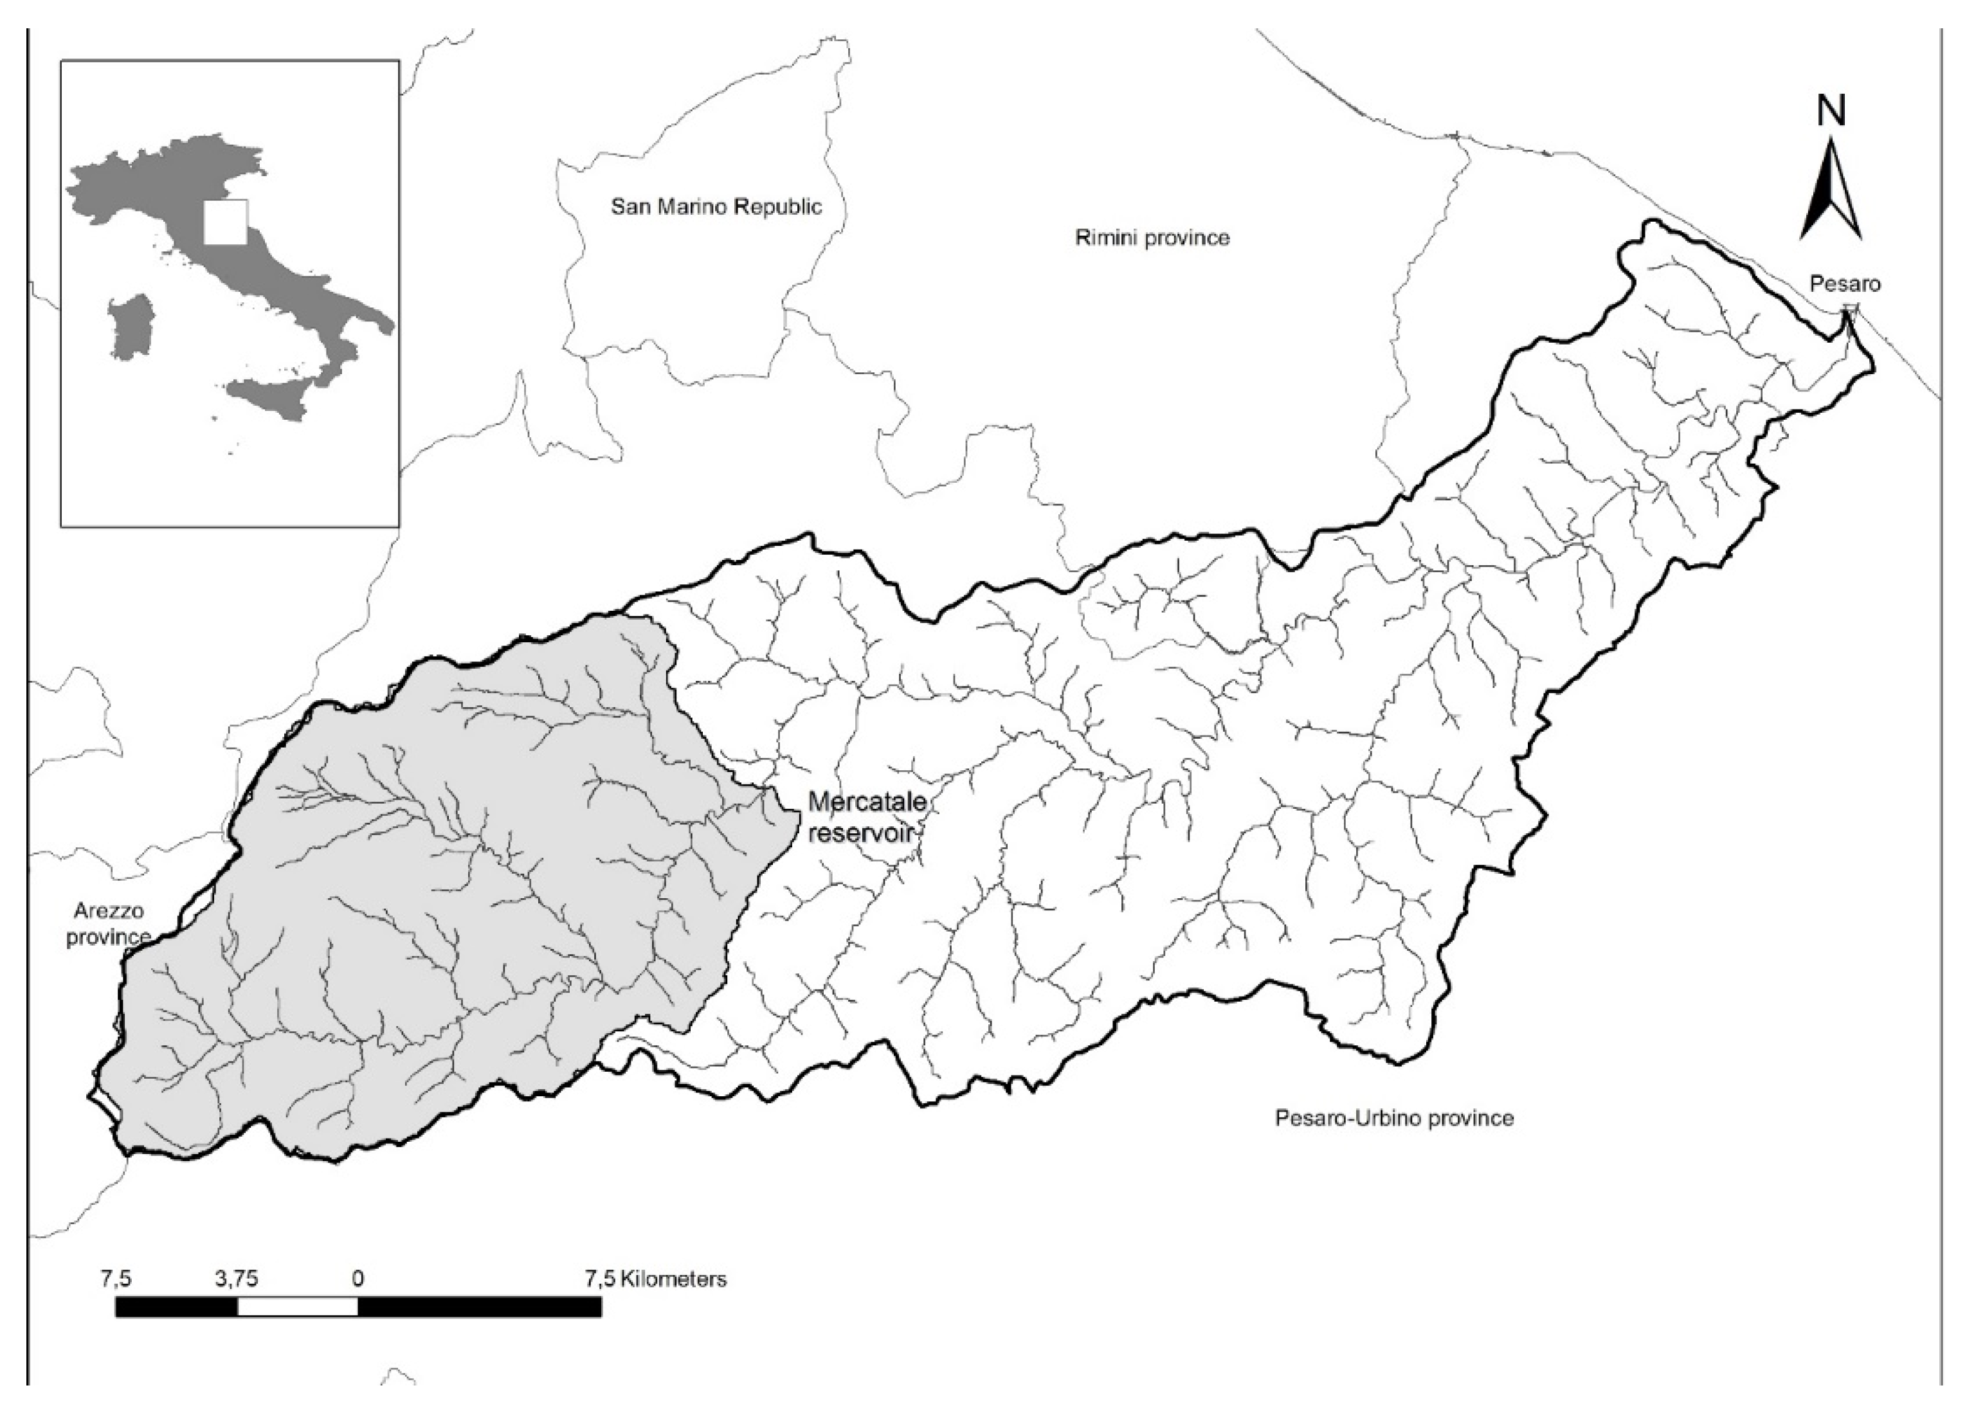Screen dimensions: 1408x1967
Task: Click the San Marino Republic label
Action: click(x=716, y=207)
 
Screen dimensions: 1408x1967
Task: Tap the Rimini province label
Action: click(x=1152, y=237)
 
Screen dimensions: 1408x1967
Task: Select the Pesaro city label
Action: click(x=1845, y=284)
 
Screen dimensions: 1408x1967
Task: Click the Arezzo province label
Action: click(x=109, y=925)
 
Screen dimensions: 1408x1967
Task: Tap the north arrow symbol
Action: click(x=1831, y=195)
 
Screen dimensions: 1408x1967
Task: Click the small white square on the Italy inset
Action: click(x=226, y=222)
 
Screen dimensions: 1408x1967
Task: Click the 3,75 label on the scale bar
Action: click(x=237, y=1279)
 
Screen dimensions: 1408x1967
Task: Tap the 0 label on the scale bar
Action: click(x=358, y=1279)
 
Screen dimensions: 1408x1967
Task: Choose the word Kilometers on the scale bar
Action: click(x=673, y=1279)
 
